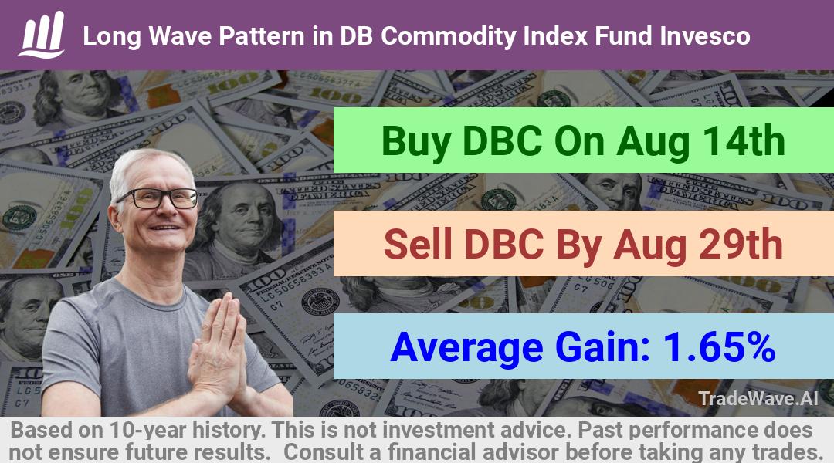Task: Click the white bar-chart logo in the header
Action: pyautogui.click(x=42, y=35)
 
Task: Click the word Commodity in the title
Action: pyautogui.click(x=449, y=37)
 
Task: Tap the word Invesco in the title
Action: pyautogui.click(x=705, y=36)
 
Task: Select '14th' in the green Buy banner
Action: pyautogui.click(x=744, y=141)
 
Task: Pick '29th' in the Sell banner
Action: pyautogui.click(x=741, y=245)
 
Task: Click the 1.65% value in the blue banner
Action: pyautogui.click(x=719, y=347)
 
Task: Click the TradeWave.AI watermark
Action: pyautogui.click(x=758, y=398)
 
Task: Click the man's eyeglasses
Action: pyautogui.click(x=158, y=198)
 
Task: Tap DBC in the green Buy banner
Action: pyautogui.click(x=503, y=141)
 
